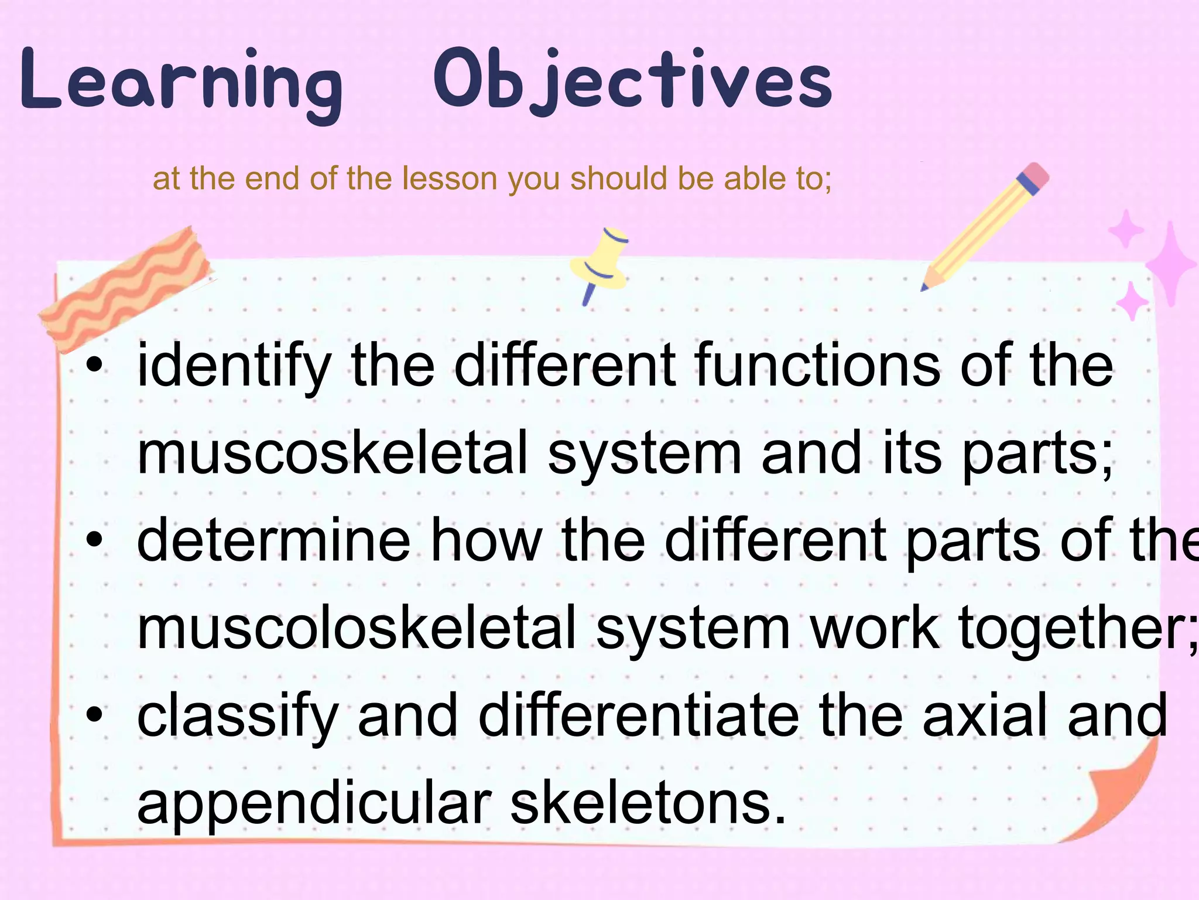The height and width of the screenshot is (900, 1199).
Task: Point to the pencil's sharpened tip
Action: click(x=925, y=287)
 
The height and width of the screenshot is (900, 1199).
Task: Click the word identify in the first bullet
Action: click(x=234, y=367)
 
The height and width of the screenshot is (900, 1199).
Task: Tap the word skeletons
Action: click(x=648, y=803)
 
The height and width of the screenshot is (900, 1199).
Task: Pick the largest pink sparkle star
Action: click(x=1170, y=264)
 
